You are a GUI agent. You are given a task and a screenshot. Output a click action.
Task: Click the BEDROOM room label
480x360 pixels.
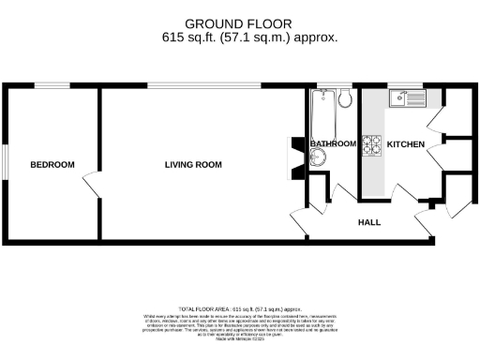52,165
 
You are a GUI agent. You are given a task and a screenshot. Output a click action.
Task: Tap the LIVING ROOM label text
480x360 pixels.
193,165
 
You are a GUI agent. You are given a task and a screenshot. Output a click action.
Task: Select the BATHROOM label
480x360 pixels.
334,143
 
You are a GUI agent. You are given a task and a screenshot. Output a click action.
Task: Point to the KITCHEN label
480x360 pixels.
405,143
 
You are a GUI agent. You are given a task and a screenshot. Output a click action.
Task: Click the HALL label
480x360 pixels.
368,223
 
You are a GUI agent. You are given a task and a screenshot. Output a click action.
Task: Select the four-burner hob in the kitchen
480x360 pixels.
372,144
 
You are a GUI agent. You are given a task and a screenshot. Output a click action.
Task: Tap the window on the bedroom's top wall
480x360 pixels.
53,86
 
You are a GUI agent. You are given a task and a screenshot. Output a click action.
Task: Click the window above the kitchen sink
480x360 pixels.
408,86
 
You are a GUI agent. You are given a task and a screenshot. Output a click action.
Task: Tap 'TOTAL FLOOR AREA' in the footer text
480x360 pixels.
203,308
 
